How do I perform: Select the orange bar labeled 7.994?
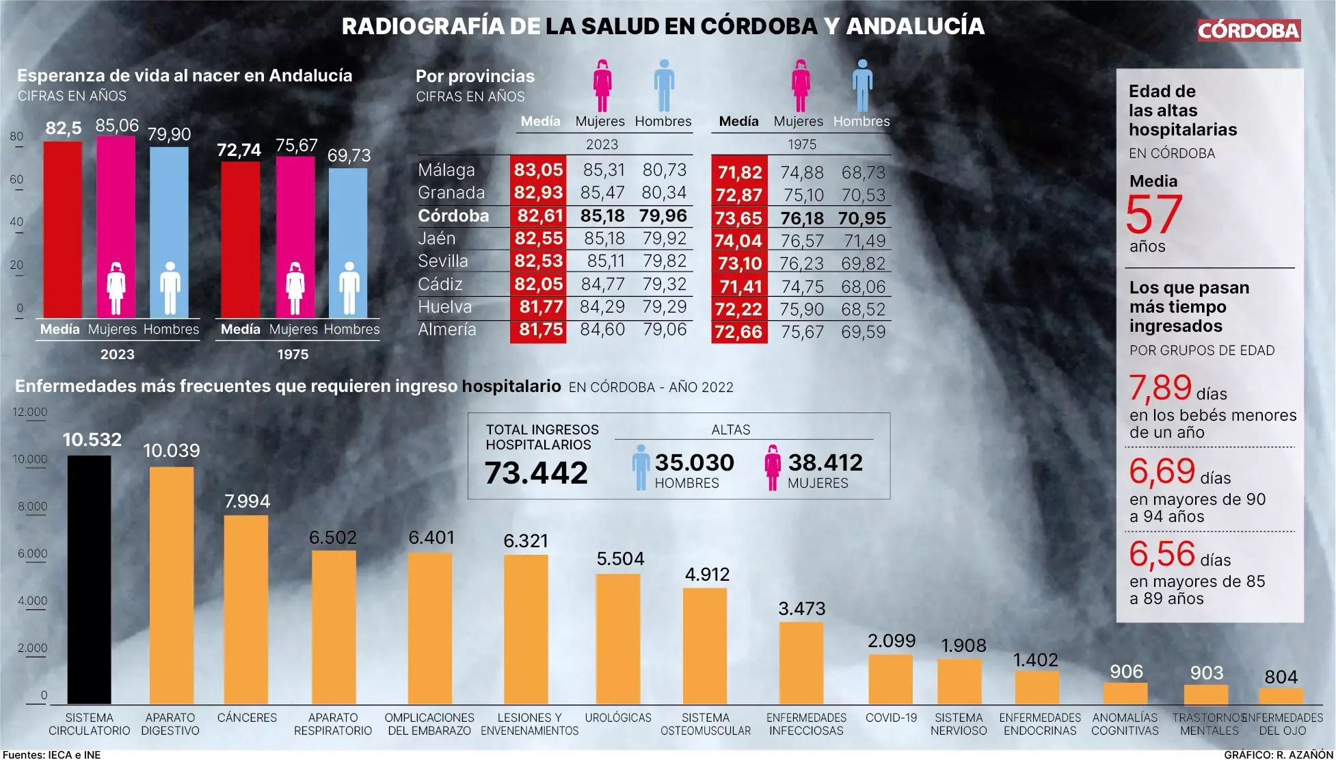246,609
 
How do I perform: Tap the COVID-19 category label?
891,718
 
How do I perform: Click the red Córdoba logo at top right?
1248,30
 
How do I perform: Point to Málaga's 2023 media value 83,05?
538,170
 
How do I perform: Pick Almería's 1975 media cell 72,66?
738,332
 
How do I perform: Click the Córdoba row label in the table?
453,216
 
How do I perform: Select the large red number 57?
1153,215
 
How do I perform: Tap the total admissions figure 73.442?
536,473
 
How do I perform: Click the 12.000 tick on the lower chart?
30,412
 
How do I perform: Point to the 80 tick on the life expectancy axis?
16,136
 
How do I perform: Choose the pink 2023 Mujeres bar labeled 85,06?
116,226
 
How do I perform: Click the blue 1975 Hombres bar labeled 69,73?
348,243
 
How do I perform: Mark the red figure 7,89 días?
1160,388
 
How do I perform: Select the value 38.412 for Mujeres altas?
825,462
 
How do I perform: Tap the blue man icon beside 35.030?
641,467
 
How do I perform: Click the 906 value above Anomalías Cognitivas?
1126,672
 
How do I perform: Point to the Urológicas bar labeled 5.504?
618,639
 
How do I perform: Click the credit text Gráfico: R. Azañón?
1278,755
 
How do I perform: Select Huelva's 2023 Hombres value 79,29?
664,307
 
